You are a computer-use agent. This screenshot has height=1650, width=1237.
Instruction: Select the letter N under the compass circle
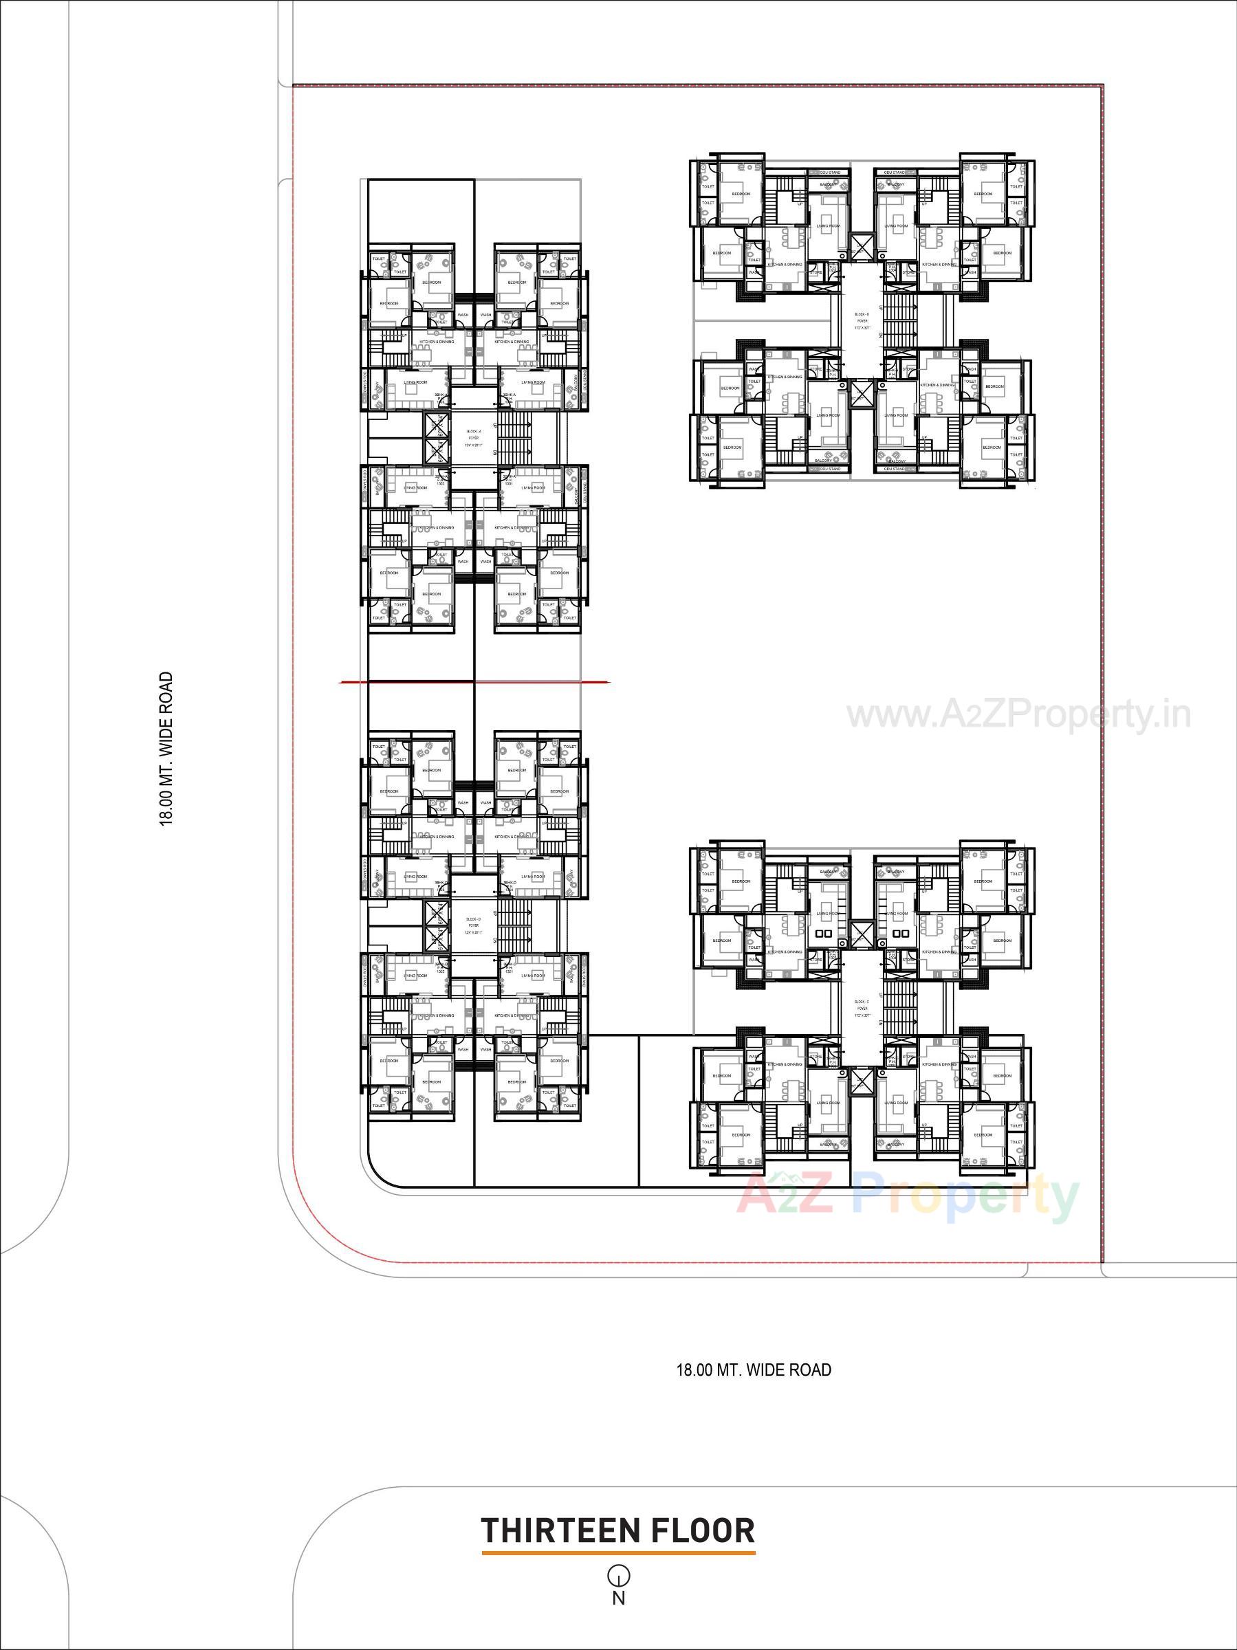pyautogui.click(x=619, y=1598)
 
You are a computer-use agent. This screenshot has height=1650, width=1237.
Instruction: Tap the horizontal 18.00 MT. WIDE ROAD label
pyautogui.click(x=754, y=1369)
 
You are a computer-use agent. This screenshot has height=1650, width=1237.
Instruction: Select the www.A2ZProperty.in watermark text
pyautogui.click(x=1018, y=716)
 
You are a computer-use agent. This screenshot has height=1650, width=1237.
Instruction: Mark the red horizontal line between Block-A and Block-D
pyautogui.click(x=474, y=682)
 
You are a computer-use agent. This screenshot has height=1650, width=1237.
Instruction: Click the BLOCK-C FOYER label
pyautogui.click(x=862, y=1008)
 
